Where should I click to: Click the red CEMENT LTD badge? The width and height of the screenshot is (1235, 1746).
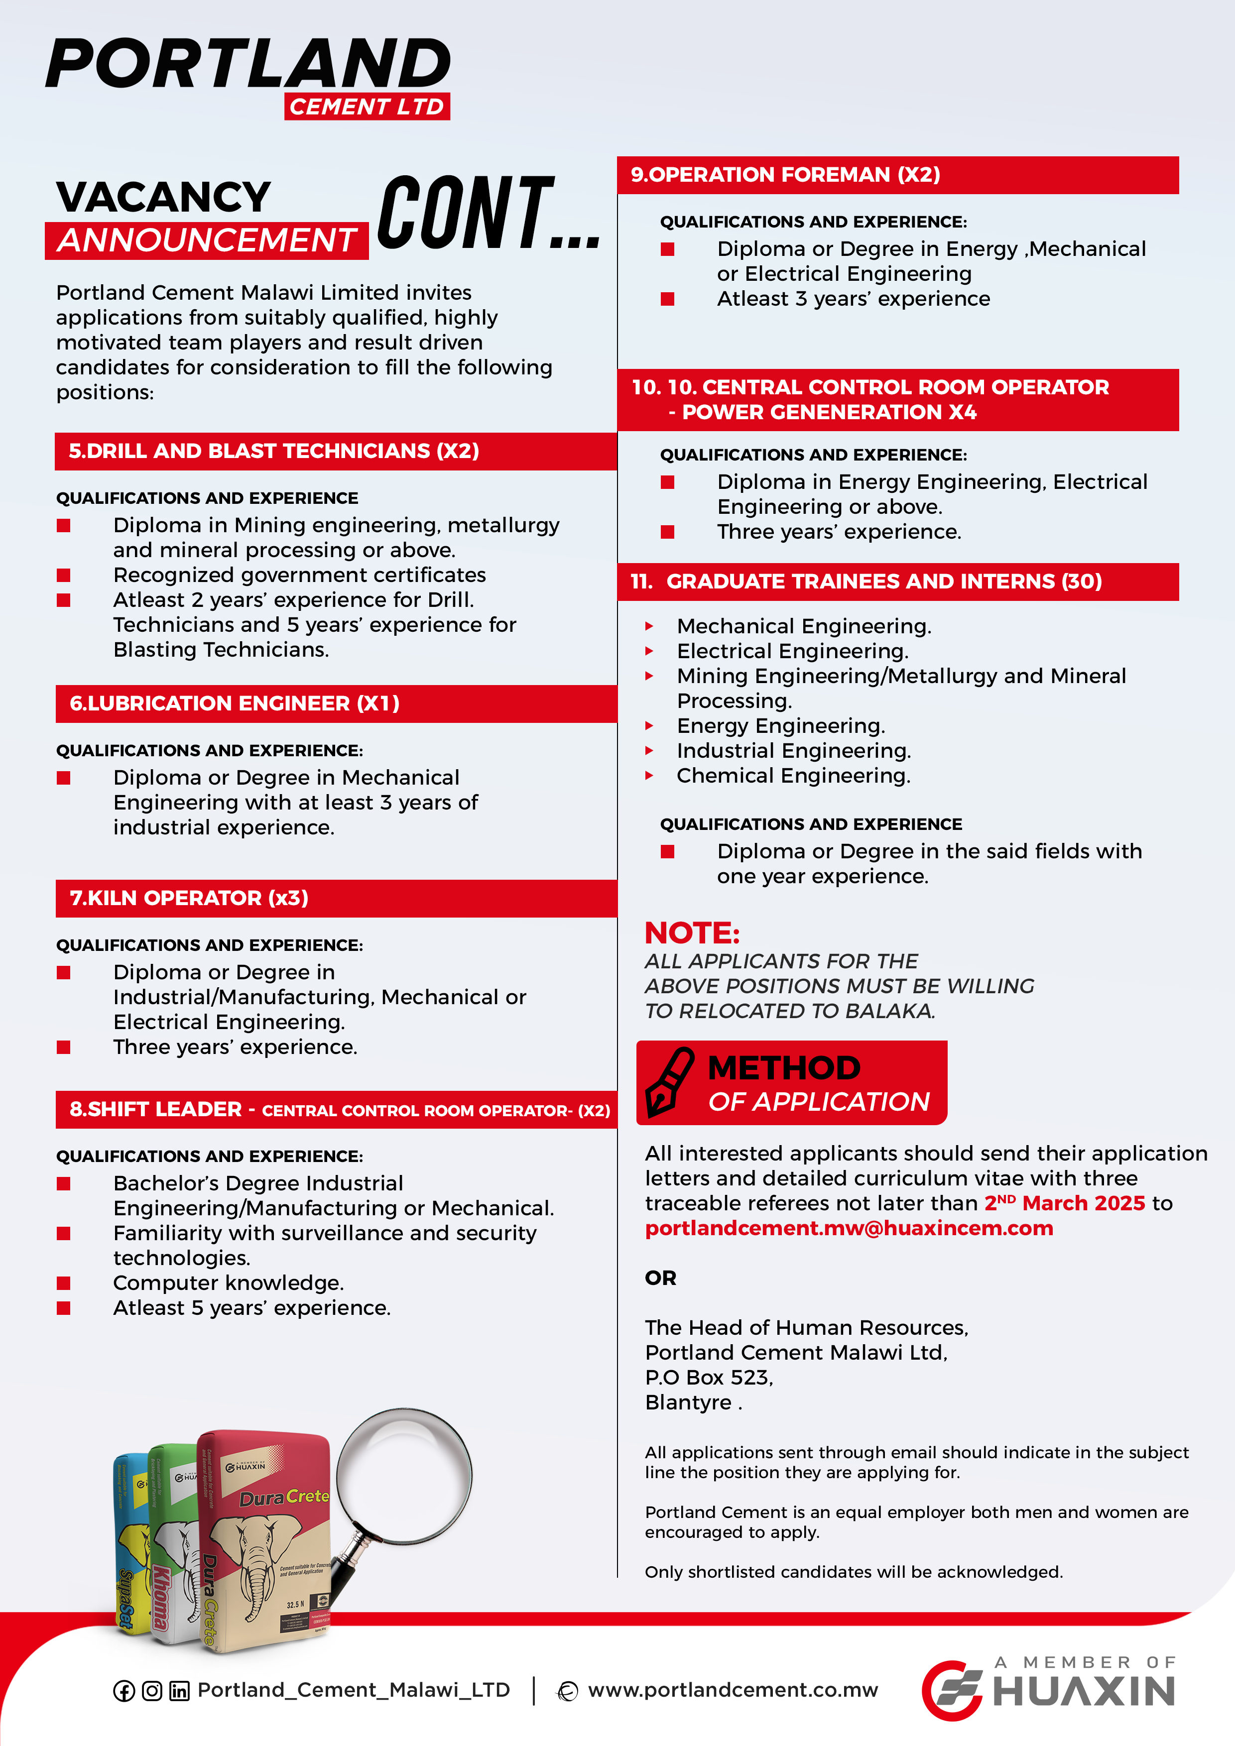[367, 107]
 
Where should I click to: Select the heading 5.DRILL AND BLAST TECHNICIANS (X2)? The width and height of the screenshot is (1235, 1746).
[274, 451]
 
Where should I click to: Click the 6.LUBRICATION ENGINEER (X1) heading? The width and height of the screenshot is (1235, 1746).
[234, 703]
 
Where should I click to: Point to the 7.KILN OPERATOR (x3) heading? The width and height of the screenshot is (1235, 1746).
[189, 898]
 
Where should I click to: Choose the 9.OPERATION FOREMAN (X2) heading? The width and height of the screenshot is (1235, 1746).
[785, 175]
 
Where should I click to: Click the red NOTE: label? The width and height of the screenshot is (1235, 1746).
[691, 933]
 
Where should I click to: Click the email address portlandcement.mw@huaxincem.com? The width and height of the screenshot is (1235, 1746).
[849, 1228]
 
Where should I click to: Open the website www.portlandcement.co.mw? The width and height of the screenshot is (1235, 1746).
[733, 1690]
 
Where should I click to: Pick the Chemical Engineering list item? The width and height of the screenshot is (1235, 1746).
[793, 776]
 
